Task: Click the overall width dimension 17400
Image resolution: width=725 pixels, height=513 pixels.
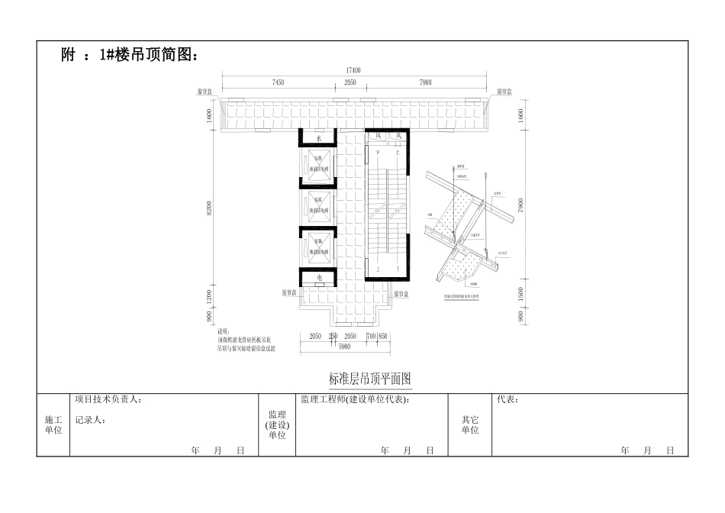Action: pyautogui.click(x=353, y=70)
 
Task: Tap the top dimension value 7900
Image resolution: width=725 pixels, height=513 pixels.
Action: pyautogui.click(x=425, y=82)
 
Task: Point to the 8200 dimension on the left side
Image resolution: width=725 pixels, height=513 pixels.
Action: pyautogui.click(x=210, y=207)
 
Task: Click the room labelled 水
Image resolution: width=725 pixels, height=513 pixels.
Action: pyautogui.click(x=319, y=138)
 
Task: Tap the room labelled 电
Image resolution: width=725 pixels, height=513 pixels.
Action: pyautogui.click(x=319, y=277)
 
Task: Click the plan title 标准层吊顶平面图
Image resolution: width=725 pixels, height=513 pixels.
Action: pyautogui.click(x=370, y=379)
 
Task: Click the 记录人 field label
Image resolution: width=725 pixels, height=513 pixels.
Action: pyautogui.click(x=91, y=419)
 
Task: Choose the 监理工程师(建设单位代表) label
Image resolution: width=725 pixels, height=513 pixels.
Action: pyautogui.click(x=356, y=399)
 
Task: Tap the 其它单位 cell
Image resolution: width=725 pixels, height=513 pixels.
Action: pyautogui.click(x=470, y=424)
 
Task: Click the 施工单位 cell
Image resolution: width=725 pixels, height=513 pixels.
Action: pyautogui.click(x=53, y=424)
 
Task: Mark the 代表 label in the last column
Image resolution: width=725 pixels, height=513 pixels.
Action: pyautogui.click(x=507, y=399)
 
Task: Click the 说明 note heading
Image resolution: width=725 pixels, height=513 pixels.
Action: pyautogui.click(x=224, y=331)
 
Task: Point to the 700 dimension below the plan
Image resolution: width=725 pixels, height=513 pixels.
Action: pyautogui.click(x=370, y=336)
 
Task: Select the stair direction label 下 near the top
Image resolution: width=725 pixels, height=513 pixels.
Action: pyautogui.click(x=376, y=153)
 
